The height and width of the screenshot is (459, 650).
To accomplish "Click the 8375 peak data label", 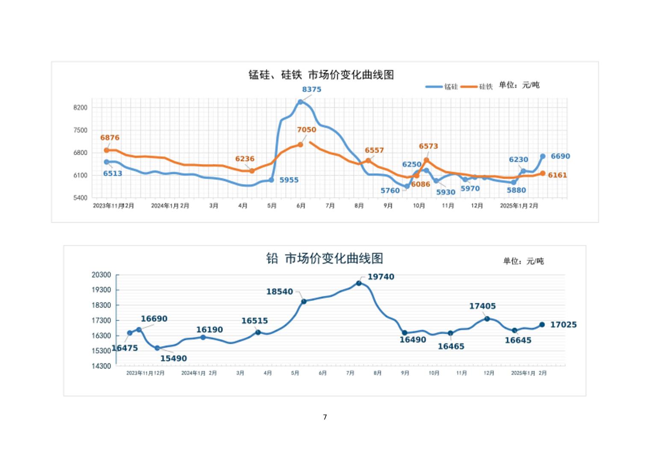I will click(311, 89).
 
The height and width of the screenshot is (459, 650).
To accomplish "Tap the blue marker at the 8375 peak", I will click(300, 102).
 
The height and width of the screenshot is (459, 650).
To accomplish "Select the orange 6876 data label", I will click(110, 138).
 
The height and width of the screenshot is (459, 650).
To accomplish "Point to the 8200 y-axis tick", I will click(80, 108).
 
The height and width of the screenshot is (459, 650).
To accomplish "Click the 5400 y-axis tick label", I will click(80, 198).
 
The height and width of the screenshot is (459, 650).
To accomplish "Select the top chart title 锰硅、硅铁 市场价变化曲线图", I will click(321, 75).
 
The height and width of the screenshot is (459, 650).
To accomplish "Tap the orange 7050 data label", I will click(307, 129).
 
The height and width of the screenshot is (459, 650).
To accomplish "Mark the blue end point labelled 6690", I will click(543, 156).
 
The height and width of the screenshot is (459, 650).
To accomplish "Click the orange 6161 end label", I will click(557, 175).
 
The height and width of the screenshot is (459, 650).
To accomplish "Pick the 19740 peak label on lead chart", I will click(381, 277).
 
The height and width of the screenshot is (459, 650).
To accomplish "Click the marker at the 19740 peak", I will click(359, 283).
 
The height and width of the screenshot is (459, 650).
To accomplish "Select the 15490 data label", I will click(173, 359).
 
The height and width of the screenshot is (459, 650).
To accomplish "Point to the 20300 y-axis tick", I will click(101, 275).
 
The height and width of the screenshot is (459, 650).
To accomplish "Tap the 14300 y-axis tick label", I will click(101, 366).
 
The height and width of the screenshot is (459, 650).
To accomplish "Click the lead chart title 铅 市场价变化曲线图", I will click(325, 259).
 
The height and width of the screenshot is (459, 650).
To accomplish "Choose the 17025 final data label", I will click(563, 325).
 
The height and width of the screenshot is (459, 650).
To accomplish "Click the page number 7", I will click(325, 417).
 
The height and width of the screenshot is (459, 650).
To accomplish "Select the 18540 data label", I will click(280, 292).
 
